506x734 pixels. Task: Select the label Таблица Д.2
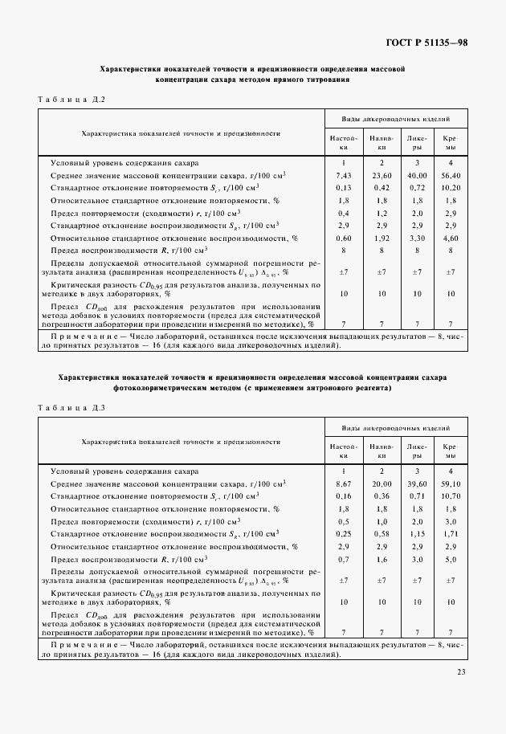71,99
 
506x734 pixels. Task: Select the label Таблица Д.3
71,407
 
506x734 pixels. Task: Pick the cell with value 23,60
382,175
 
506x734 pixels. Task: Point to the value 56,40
451,175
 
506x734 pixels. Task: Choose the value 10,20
451,188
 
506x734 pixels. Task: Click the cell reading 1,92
382,239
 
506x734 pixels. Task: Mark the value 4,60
451,239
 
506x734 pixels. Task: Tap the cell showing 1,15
417,534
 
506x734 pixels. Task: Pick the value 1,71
451,534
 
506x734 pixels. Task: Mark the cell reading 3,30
417,239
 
